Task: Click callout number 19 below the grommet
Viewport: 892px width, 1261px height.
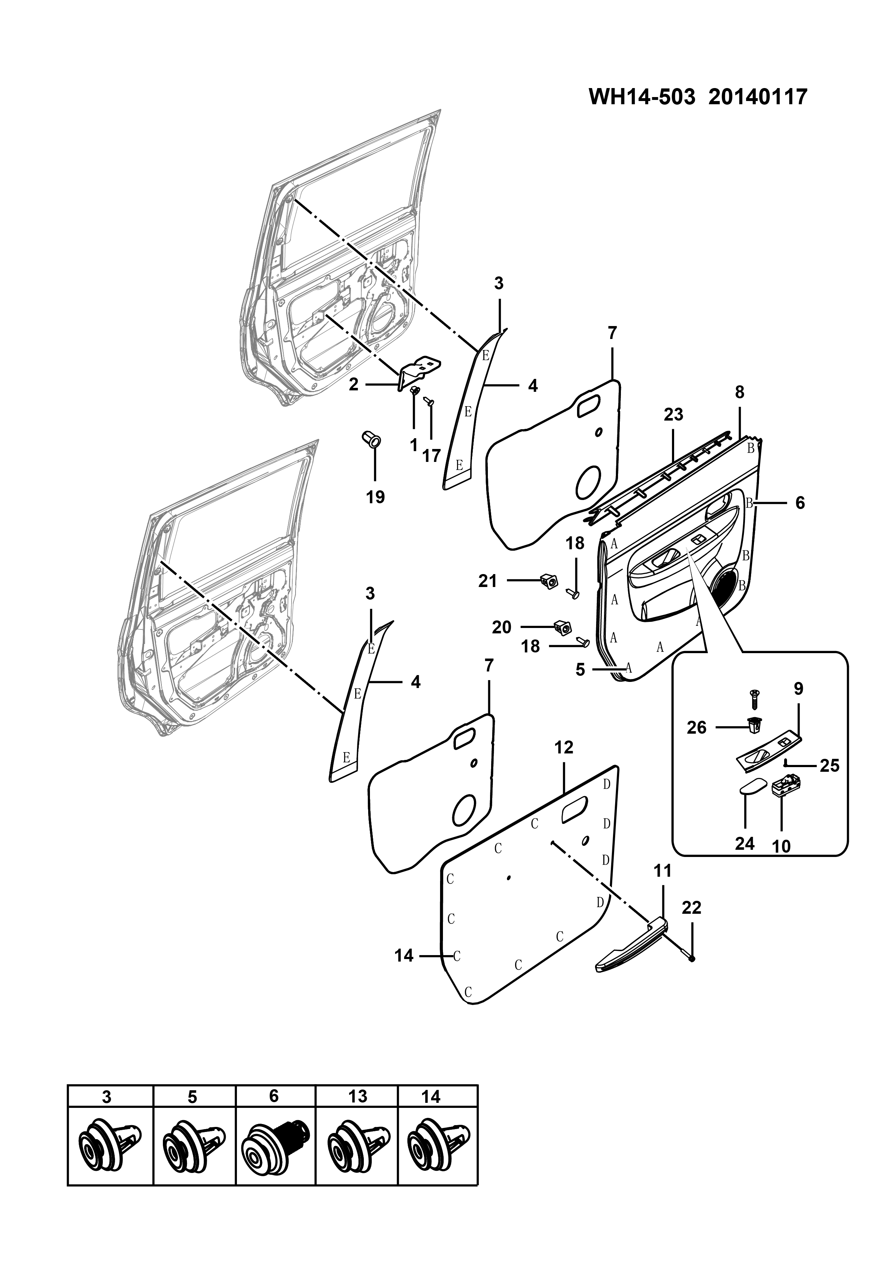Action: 376,497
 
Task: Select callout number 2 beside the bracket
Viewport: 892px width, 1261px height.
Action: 354,385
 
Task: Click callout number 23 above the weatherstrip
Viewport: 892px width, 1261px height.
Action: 673,415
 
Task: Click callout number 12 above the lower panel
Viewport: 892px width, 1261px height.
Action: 564,747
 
